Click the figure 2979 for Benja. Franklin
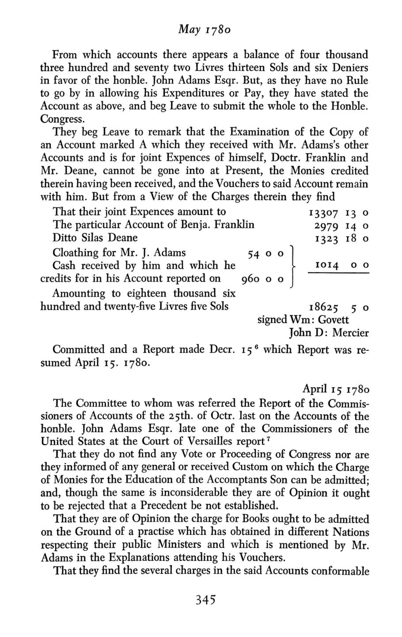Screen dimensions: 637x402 (x=326, y=225)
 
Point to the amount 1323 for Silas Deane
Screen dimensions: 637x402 (x=326, y=238)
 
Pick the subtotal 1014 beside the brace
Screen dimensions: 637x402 (x=326, y=265)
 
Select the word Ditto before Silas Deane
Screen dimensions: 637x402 (x=64, y=238)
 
